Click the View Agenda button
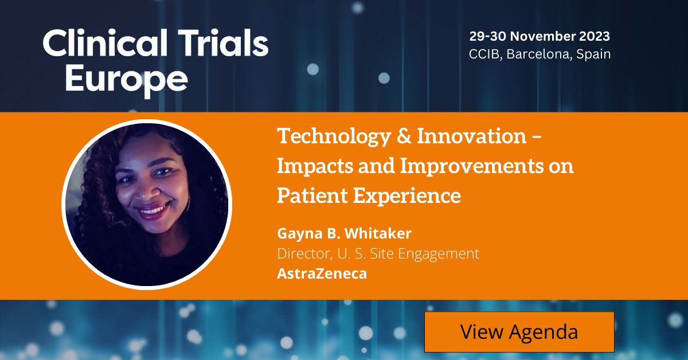[519, 332]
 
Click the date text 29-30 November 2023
[540, 37]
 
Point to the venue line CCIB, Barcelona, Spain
[540, 54]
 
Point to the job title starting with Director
[378, 253]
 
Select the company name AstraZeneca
[322, 273]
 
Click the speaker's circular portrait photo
[147, 204]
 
